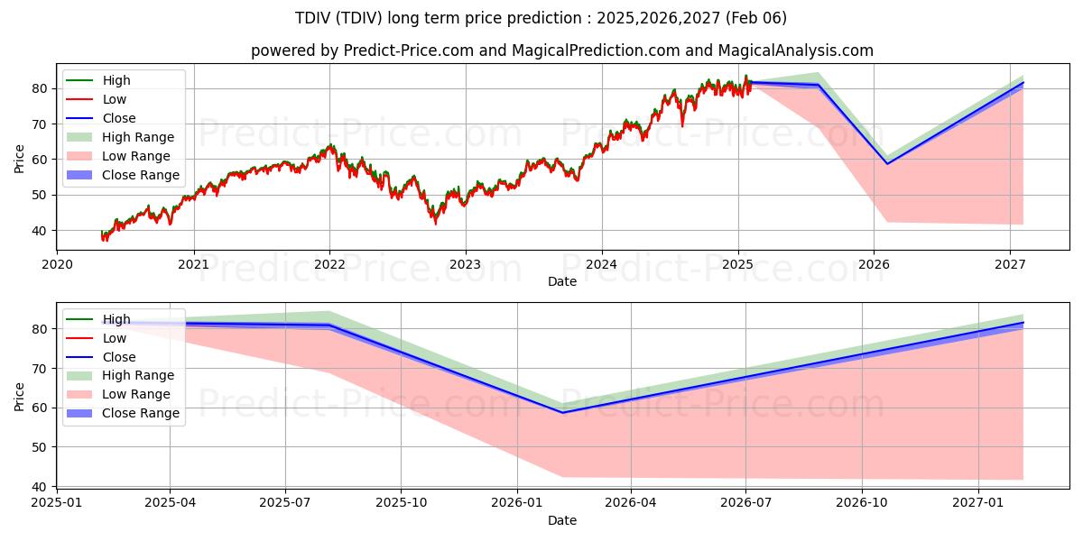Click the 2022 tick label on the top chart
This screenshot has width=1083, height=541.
329,264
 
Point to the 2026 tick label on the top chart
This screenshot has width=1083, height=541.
874,264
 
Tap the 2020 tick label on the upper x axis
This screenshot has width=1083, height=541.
58,264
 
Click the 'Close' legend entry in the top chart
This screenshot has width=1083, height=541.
119,118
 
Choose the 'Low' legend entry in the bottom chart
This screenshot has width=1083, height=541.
115,338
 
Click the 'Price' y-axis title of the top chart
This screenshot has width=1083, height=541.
20,159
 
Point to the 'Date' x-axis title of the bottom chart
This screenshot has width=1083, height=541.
562,520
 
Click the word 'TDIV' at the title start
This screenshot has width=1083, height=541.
313,18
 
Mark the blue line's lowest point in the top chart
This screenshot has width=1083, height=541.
887,163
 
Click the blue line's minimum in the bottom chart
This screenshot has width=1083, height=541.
563,413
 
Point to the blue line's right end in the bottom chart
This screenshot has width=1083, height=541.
1023,323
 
